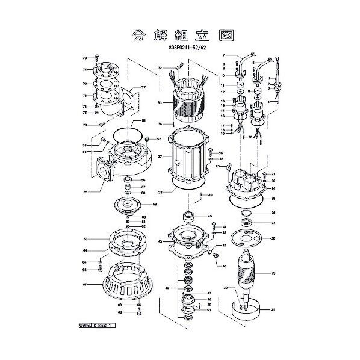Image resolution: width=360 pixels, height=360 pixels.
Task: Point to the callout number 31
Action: click(x=272, y=311)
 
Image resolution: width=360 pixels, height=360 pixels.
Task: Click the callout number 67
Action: click(x=85, y=285)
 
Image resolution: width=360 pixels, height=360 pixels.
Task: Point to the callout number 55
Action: click(x=85, y=193)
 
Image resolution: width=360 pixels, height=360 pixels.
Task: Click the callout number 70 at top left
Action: click(x=85, y=57)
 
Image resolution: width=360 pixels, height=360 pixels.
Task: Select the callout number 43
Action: click(x=160, y=241)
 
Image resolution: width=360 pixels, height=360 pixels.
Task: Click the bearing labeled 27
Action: click(x=247, y=223)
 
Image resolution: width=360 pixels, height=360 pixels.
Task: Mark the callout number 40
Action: click(x=209, y=216)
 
